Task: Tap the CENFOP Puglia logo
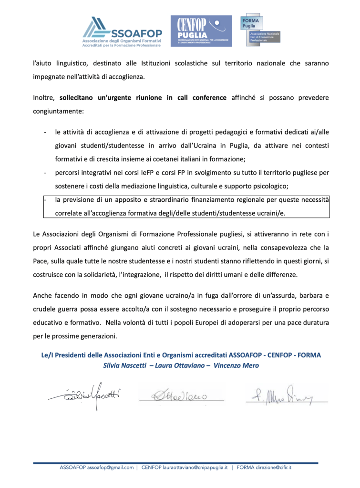[x=201, y=31]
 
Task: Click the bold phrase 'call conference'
[x=203, y=98]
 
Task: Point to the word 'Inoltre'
[x=44, y=98]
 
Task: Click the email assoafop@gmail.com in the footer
[x=110, y=467]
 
